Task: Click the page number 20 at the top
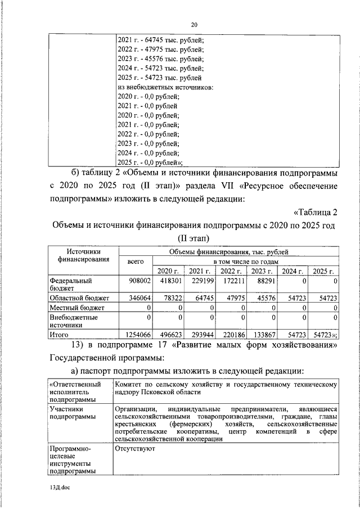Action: pos(194,25)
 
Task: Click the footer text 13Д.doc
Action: pos(59,488)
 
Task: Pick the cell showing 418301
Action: pos(169,280)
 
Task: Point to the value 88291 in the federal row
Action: pos(262,280)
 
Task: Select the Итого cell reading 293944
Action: pos(200,334)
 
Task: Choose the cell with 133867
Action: pos(262,334)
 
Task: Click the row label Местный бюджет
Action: pos(77,308)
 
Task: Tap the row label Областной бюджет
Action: pos(79,298)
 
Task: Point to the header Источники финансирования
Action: pos(83,256)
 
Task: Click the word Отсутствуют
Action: pos(135,449)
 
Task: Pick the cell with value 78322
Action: pos(169,298)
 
